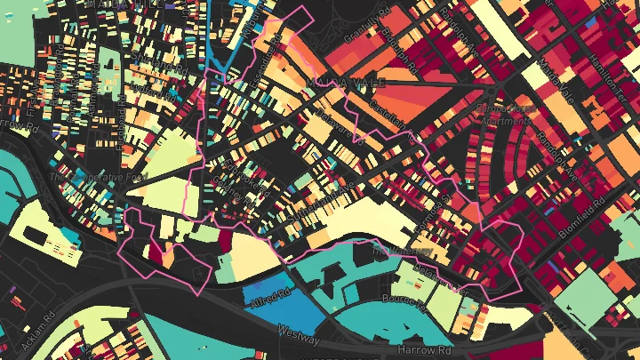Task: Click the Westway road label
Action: (x=298, y=334)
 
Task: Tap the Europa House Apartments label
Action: (x=506, y=114)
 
